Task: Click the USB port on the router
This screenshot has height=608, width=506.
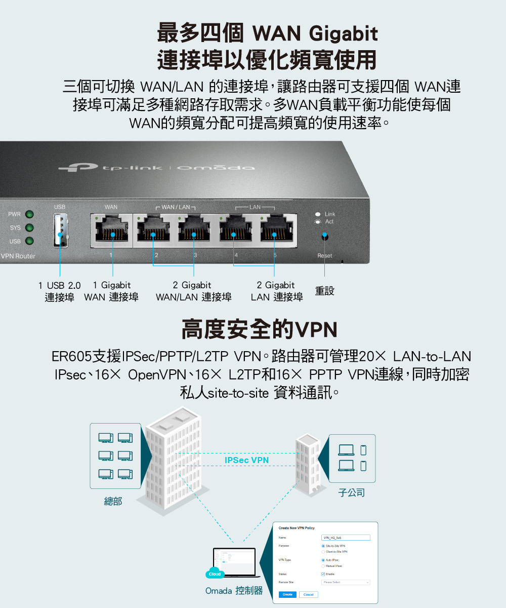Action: click(x=60, y=231)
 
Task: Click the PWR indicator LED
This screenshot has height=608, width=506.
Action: click(x=29, y=214)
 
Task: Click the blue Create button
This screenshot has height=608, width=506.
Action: click(x=287, y=594)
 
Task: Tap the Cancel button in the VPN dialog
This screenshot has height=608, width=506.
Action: click(x=308, y=594)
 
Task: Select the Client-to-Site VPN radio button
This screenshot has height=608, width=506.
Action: click(x=323, y=551)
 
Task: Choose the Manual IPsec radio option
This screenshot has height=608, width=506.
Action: click(x=323, y=565)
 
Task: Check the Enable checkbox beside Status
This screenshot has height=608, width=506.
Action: click(x=323, y=574)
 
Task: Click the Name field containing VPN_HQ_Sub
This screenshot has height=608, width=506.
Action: click(x=346, y=538)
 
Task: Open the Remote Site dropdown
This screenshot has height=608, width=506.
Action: click(x=346, y=583)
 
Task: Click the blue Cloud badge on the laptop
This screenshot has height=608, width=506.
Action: click(x=215, y=574)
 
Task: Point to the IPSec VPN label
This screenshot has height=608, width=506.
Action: click(x=246, y=460)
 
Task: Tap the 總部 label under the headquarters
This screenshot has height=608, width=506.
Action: click(x=113, y=502)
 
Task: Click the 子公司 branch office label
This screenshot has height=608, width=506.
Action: click(x=351, y=492)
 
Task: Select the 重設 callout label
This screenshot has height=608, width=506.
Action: click(x=324, y=291)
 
